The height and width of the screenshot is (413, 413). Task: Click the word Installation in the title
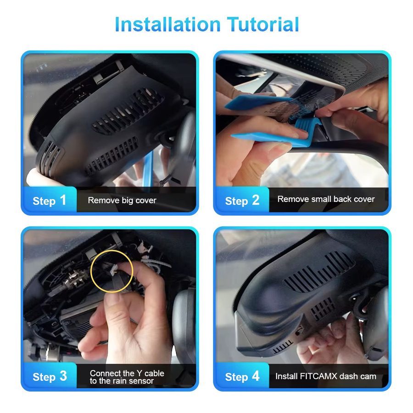coord(167,24)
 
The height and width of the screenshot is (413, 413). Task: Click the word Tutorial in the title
coord(263,24)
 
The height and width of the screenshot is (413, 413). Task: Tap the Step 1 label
coord(49,201)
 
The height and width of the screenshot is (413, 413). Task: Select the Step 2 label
coord(242,201)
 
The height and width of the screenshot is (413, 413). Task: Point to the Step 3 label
coord(50,377)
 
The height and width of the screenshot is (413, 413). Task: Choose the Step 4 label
coord(242,377)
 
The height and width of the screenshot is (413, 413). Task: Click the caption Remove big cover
coord(122,201)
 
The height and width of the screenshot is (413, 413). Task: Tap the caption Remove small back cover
coord(326,199)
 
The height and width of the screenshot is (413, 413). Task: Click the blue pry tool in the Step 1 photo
coord(147,169)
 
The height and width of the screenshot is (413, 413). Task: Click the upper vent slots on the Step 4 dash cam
coord(319,272)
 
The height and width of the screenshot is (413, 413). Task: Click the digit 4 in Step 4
coord(256,376)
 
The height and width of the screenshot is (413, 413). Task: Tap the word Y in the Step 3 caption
coord(140,373)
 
